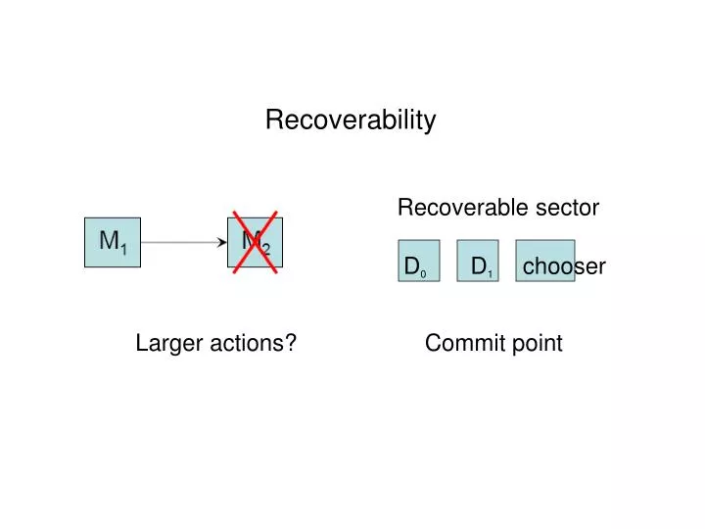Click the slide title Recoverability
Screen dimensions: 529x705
(351, 120)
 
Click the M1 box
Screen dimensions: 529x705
(113, 242)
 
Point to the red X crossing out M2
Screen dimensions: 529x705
(256, 241)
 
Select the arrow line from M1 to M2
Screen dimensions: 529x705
(181, 241)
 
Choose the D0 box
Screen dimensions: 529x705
(418, 261)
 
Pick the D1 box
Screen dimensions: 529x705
(477, 261)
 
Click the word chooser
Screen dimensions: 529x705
(564, 267)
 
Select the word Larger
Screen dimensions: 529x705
(166, 343)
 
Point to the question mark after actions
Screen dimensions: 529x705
(292, 343)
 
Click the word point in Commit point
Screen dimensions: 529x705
(538, 344)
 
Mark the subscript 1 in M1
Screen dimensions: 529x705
(123, 249)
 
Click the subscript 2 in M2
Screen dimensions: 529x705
(265, 249)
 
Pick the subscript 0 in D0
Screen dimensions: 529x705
(423, 272)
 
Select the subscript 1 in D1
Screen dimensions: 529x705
(489, 271)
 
